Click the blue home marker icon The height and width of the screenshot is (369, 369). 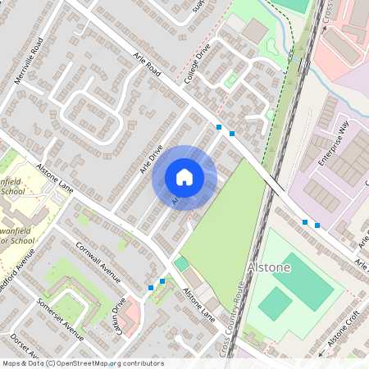[184, 177]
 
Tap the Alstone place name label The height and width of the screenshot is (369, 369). [267, 268]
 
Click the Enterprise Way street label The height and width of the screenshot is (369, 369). [333, 144]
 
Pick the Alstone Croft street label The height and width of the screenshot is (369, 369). [344, 330]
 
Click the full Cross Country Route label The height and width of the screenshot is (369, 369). [233, 320]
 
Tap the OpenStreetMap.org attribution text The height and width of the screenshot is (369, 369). [105, 362]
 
